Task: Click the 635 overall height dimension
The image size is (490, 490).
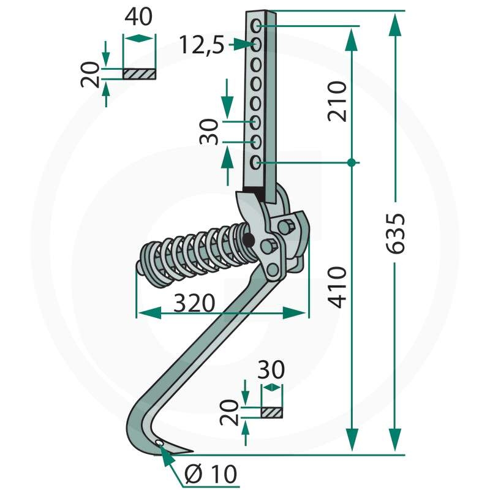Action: click(396, 233)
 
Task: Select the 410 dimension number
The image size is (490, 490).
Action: click(337, 287)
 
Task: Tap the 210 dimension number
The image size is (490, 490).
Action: click(337, 101)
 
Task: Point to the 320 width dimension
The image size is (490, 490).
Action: click(194, 303)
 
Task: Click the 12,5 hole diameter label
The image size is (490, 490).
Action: click(202, 45)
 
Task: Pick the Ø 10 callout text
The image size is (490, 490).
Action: click(211, 473)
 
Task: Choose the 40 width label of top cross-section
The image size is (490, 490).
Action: click(138, 17)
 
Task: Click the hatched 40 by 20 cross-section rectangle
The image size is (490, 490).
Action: click(140, 74)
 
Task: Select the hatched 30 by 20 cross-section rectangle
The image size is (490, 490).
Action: click(272, 412)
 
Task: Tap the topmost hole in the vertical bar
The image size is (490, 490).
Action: click(256, 26)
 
